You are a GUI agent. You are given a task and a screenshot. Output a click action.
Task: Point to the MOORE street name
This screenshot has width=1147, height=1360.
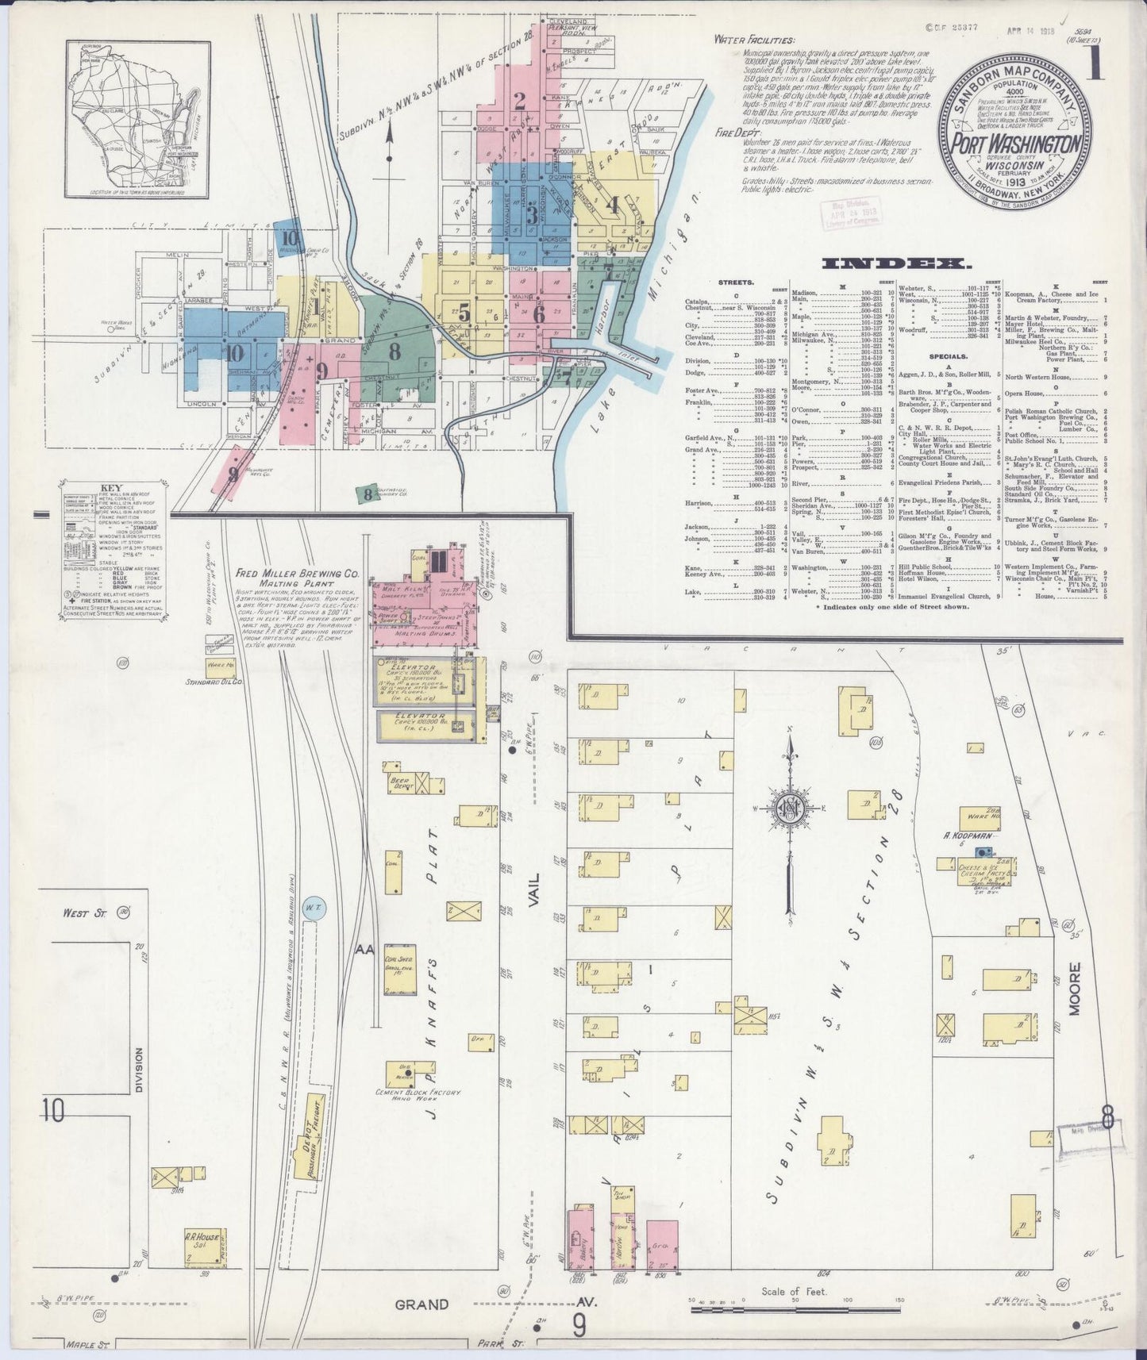pyautogui.click(x=1075, y=989)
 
